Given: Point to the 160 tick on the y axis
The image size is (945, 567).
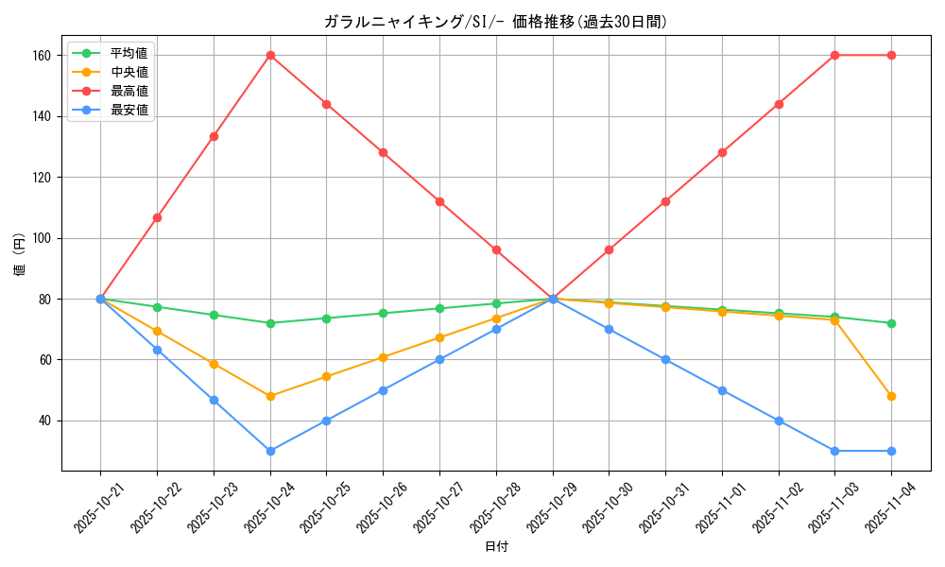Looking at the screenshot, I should coord(40,56).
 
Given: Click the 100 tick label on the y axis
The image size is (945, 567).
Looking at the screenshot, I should coord(40,238).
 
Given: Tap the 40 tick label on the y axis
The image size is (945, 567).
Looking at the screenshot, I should coord(43,421).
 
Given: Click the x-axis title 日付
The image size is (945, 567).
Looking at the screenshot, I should coord(496,547).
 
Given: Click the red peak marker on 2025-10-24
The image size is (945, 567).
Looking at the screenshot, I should coord(270,56).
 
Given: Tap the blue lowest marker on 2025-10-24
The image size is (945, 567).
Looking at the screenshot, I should coord(270,451).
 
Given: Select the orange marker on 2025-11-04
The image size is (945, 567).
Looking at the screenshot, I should coord(891,396).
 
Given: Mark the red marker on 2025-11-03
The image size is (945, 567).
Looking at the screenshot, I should coord(834,56).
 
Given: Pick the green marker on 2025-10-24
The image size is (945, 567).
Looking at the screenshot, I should coord(270,323).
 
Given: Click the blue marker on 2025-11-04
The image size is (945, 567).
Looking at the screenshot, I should coord(891,451).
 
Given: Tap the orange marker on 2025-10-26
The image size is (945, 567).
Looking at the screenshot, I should coord(383,358).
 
